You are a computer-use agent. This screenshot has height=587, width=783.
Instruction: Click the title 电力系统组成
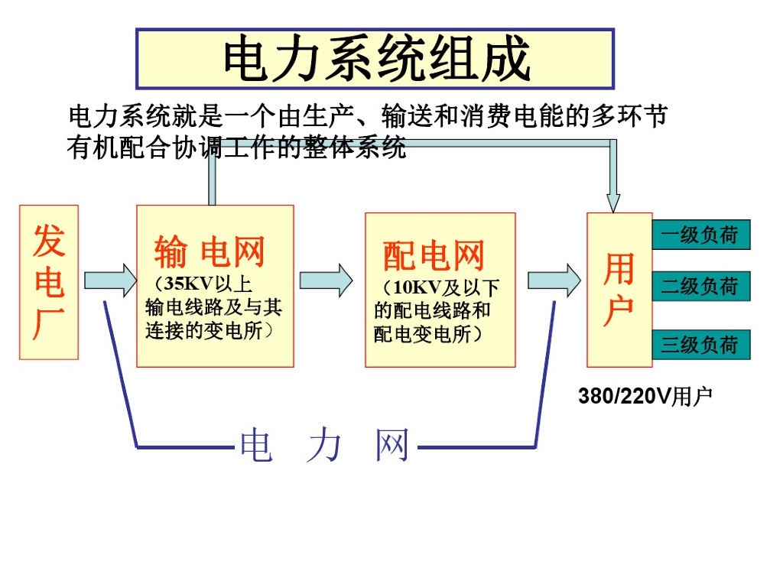[x=375, y=59]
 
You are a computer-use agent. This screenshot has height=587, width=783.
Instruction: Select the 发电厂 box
[x=49, y=282]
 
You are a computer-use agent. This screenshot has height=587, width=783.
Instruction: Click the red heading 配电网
[x=434, y=255]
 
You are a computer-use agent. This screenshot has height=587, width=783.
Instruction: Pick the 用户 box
[x=619, y=290]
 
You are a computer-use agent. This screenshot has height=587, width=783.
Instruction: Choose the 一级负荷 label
[x=700, y=235]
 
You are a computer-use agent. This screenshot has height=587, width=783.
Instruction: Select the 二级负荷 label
[x=700, y=287]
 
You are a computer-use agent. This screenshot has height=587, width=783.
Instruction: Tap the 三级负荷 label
[x=700, y=345]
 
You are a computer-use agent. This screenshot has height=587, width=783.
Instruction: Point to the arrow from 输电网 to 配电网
[x=326, y=281]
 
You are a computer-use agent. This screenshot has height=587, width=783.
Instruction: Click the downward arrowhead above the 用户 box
[x=612, y=199]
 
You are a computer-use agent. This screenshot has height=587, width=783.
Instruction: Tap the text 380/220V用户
[x=645, y=396]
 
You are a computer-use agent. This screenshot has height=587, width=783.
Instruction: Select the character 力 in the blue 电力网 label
[x=325, y=446]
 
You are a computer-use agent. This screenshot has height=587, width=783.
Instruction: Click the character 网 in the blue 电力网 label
[x=392, y=446]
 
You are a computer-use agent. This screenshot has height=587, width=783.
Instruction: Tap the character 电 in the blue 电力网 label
[x=256, y=446]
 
